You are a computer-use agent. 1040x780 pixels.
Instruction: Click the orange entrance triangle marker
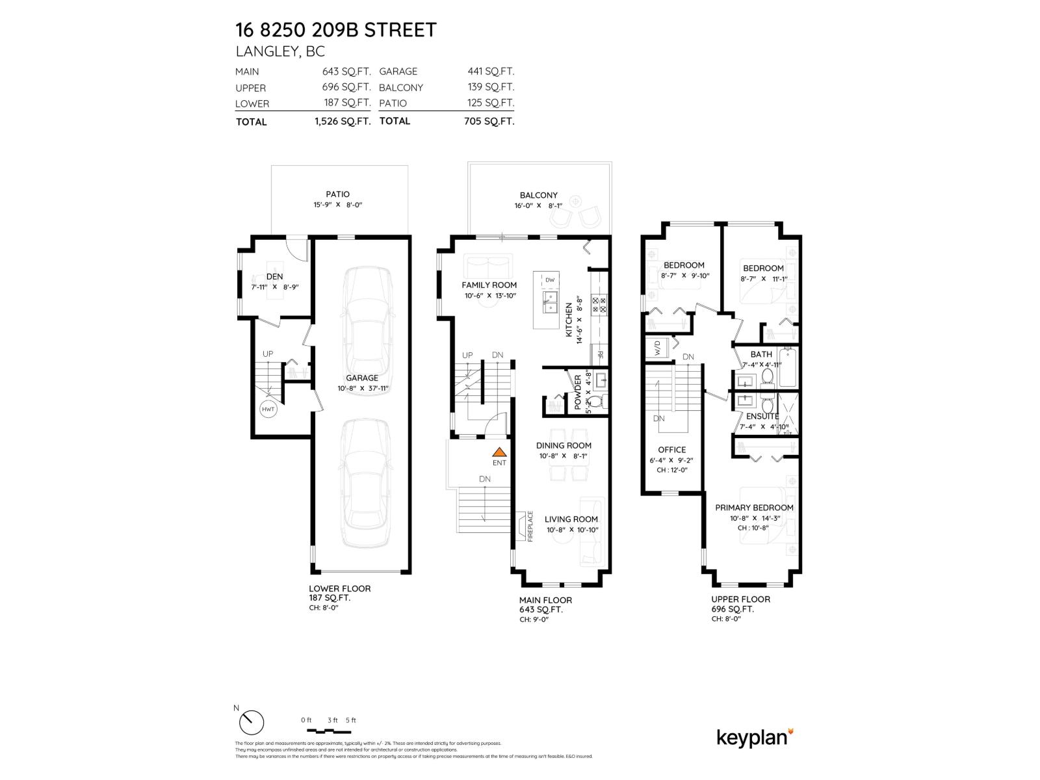[x=499, y=452]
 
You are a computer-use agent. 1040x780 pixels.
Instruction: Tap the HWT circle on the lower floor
[x=268, y=409]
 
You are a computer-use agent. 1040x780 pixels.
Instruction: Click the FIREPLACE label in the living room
[x=530, y=526]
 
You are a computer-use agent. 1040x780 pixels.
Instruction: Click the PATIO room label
[x=337, y=194]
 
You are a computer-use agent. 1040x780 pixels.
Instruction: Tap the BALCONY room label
[x=538, y=195]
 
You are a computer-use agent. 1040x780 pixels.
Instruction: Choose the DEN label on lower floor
[x=274, y=277]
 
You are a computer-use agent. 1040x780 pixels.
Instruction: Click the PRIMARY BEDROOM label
[x=754, y=508]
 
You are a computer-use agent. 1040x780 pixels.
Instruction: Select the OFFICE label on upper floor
[x=671, y=450]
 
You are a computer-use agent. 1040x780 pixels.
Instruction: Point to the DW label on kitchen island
[x=550, y=280]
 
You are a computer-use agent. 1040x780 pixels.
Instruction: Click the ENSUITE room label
[x=762, y=417]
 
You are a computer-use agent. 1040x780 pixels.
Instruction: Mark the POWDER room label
[x=577, y=392]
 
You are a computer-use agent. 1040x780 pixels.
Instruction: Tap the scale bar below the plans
[x=328, y=731]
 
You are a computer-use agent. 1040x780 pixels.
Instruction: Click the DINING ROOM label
[x=564, y=446]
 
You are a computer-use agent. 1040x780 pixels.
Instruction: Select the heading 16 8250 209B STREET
[x=336, y=30]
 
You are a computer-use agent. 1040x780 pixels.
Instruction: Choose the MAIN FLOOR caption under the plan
[x=545, y=600]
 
